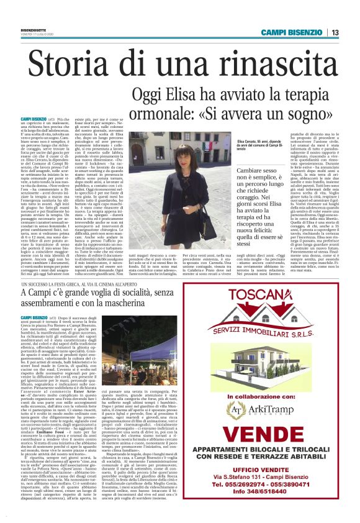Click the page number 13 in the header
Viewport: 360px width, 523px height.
click(x=335, y=32)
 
